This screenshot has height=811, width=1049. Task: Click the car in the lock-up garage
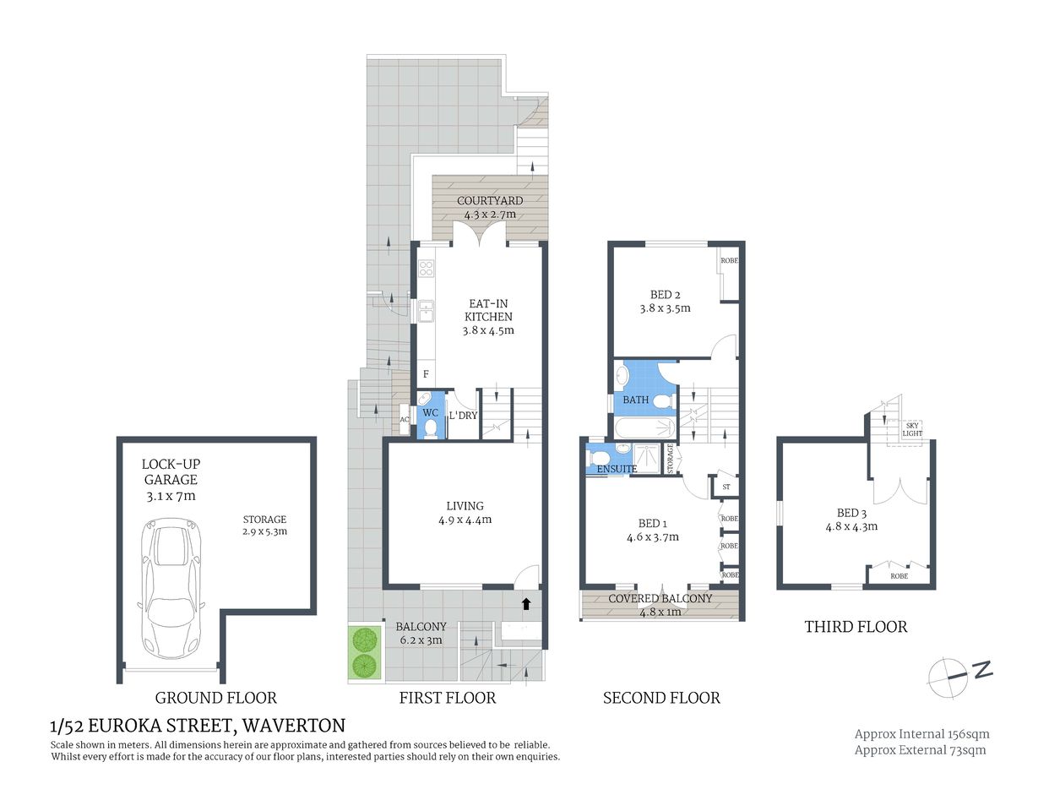(172, 588)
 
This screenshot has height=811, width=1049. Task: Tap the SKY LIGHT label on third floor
(912, 429)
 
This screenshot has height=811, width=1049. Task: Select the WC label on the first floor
(431, 413)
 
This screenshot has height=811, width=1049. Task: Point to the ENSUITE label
(617, 469)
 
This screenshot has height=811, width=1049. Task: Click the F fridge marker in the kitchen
(426, 374)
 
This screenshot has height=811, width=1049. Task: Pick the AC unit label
(405, 419)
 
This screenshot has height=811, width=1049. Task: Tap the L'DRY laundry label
(463, 416)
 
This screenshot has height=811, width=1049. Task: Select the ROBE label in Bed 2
(729, 261)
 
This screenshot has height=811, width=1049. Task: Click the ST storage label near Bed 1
(726, 487)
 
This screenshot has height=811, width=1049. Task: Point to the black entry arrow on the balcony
(526, 603)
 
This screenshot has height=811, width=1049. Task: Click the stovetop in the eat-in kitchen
(427, 269)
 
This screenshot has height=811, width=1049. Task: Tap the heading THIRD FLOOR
(856, 627)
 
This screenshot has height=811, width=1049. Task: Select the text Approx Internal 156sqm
(921, 734)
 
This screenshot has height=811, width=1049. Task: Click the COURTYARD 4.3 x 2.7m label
(490, 208)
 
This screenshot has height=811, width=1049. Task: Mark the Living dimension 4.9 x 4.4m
(465, 520)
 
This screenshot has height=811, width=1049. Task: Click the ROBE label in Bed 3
(900, 576)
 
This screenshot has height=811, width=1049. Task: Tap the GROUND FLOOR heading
(215, 698)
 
